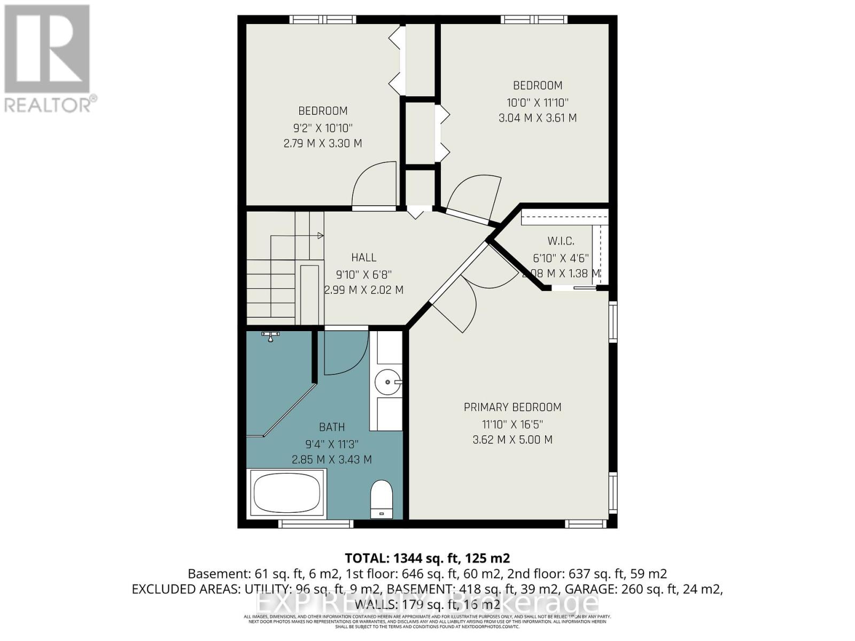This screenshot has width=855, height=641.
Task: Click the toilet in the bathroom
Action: [382, 498]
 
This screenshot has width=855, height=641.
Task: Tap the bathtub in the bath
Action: [287, 493]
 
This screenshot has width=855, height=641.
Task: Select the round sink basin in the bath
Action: [387, 382]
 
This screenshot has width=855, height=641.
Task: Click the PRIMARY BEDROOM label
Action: [512, 407]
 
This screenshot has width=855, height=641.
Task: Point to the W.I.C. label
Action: [561, 241]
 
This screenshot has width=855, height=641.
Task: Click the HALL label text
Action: [364, 257]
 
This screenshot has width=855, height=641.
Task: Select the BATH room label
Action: [332, 427]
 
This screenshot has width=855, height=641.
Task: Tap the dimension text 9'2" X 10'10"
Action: [323, 128]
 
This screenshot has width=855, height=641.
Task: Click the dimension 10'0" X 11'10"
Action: [538, 102]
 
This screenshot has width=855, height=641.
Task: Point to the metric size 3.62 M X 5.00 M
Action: [512, 440]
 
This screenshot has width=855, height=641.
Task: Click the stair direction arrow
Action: [320, 236]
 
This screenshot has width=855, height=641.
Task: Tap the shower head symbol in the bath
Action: [270, 335]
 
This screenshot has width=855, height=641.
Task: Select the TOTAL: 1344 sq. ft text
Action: [427, 558]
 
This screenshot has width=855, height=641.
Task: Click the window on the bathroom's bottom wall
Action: [316, 523]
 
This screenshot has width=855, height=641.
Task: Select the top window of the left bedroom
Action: [323, 20]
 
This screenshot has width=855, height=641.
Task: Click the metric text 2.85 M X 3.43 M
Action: [332, 459]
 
